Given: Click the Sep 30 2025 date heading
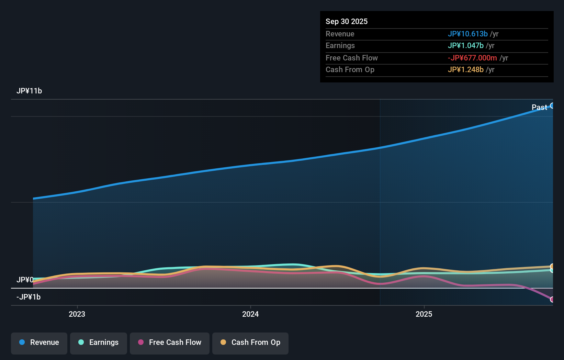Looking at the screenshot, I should (346, 21).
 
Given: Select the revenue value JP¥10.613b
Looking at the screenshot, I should (467, 34).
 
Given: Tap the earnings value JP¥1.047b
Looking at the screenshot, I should (465, 45).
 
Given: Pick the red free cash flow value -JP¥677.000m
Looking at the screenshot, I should (472, 58).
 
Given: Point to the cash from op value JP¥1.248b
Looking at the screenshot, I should (465, 69).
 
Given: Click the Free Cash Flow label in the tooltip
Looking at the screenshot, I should (351, 58).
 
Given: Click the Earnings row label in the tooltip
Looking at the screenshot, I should (340, 45).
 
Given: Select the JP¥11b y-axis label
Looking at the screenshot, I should (29, 91).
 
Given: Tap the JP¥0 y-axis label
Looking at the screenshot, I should (25, 280).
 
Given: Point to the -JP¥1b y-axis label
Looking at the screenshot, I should (29, 297).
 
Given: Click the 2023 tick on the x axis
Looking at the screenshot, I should (77, 314).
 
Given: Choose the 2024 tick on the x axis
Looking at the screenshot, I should (250, 314).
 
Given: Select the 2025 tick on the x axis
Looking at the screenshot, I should (424, 314).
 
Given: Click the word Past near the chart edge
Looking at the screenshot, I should (539, 107).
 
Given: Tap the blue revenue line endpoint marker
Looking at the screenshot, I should (552, 105).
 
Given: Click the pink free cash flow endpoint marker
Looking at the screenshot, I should (552, 299).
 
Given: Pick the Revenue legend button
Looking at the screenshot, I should (39, 342).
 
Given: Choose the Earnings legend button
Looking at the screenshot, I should (99, 342).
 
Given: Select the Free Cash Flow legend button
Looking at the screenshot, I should (170, 342).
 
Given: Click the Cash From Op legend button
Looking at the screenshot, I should (250, 342).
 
